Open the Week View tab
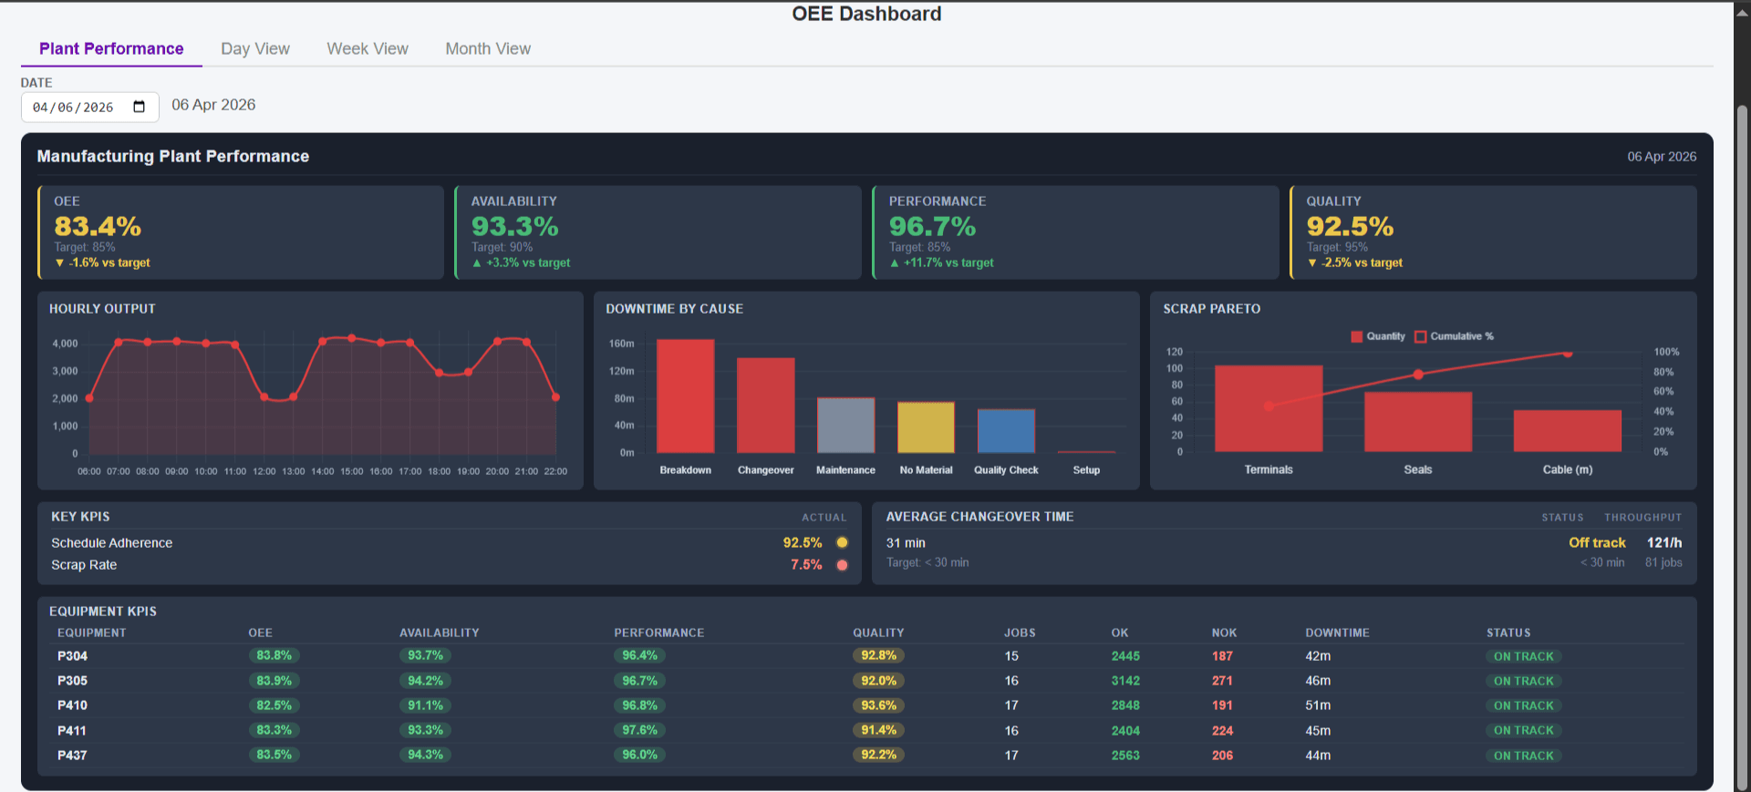(368, 49)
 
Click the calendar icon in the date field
(140, 107)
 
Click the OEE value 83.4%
(98, 226)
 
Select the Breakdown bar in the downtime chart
(685, 396)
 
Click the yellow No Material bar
(926, 427)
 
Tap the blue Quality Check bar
(1006, 431)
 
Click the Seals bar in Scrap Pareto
(1417, 421)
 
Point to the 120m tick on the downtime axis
(622, 371)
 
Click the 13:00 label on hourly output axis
(294, 471)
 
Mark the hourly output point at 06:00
(89, 398)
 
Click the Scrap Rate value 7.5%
(806, 565)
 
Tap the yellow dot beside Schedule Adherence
(842, 542)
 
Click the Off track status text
(1596, 542)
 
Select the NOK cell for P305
(1222, 681)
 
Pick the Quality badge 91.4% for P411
(878, 730)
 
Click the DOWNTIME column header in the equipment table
(1337, 633)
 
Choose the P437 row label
(72, 756)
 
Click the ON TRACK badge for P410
(1523, 705)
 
